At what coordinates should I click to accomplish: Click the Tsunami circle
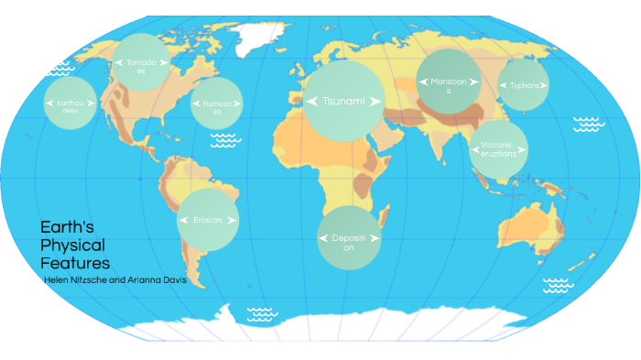(x=342, y=101)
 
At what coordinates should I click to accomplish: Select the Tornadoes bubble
(x=142, y=62)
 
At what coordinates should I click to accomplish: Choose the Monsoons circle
(x=449, y=82)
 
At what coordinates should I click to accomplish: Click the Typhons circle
(x=525, y=85)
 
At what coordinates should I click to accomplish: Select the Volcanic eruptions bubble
(x=498, y=149)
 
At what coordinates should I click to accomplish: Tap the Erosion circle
(x=208, y=221)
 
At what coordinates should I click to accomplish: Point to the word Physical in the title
(x=72, y=245)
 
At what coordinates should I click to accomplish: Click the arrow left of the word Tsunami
(x=312, y=102)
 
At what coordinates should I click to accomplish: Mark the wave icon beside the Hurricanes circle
(x=223, y=140)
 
